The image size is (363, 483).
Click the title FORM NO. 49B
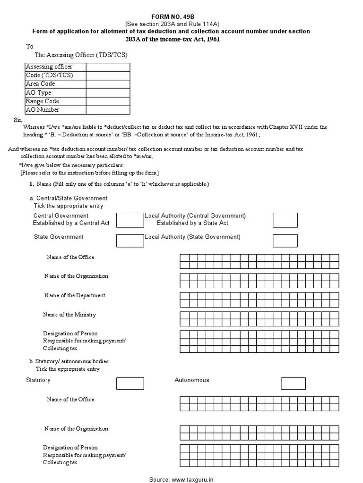(172, 17)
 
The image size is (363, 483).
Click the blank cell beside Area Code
(108, 84)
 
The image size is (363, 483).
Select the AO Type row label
(39, 93)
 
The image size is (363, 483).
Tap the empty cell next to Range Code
(108, 101)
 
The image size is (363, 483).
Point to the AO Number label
(43, 110)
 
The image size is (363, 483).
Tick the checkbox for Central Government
(130, 220)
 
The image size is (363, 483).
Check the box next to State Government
(130, 240)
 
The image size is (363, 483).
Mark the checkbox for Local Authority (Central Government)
(285, 220)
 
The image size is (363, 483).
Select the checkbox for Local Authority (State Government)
(285, 240)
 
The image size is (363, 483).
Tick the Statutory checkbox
(130, 383)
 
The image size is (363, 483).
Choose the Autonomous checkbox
(293, 383)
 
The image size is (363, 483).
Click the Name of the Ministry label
(69, 315)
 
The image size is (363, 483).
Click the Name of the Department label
(75, 295)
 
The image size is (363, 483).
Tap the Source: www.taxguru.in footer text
(181, 479)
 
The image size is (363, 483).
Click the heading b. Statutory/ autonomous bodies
(69, 361)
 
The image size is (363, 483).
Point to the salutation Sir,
(18, 120)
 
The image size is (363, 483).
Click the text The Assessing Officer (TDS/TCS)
(81, 55)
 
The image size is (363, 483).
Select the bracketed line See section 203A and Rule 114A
(172, 24)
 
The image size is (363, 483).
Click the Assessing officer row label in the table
(49, 67)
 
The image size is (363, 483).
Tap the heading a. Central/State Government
(69, 198)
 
